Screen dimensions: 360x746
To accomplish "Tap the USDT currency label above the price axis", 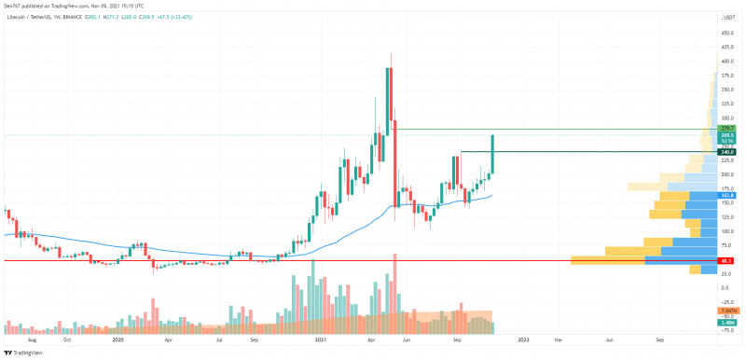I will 730,17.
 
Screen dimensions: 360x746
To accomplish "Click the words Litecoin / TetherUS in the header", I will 33,16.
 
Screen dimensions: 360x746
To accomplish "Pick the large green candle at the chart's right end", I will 491,154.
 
